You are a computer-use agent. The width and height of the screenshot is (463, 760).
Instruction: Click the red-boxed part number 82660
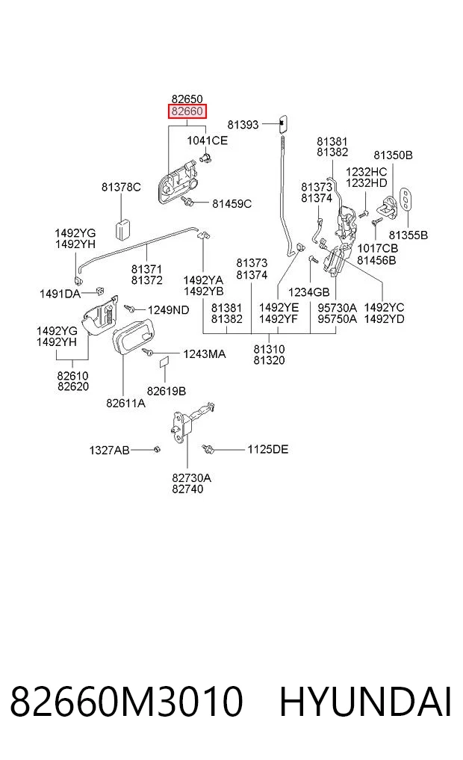tap(187, 111)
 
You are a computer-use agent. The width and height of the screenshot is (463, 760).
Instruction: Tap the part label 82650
tap(187, 99)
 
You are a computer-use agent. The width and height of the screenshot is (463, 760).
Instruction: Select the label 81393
tap(243, 125)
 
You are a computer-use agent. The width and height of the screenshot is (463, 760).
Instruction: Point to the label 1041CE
tap(208, 140)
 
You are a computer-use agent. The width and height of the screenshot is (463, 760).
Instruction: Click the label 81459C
tap(232, 204)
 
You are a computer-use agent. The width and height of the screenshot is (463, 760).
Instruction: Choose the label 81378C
tap(121, 187)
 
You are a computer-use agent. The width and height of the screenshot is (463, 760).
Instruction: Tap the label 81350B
tap(394, 155)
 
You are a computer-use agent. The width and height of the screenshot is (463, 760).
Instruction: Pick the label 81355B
tap(408, 235)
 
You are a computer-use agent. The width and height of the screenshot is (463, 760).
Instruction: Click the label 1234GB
tap(309, 292)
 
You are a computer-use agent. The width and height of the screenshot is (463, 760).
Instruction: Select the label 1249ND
tap(169, 310)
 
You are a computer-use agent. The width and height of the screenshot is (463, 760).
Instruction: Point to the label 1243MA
tap(205, 354)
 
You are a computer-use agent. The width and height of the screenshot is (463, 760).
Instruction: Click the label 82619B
tap(167, 391)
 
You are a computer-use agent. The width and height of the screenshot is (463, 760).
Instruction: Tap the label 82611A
tap(126, 403)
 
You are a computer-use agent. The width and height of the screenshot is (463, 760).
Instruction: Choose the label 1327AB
tap(110, 451)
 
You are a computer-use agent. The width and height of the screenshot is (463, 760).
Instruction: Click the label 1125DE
tap(268, 449)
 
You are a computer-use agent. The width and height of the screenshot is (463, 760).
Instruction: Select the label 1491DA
tap(60, 294)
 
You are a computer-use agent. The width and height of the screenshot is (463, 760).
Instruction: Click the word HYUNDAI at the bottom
tap(366, 702)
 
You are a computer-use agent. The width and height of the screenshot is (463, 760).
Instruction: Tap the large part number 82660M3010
tap(126, 702)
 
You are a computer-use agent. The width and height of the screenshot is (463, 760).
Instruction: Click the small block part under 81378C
tap(122, 229)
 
